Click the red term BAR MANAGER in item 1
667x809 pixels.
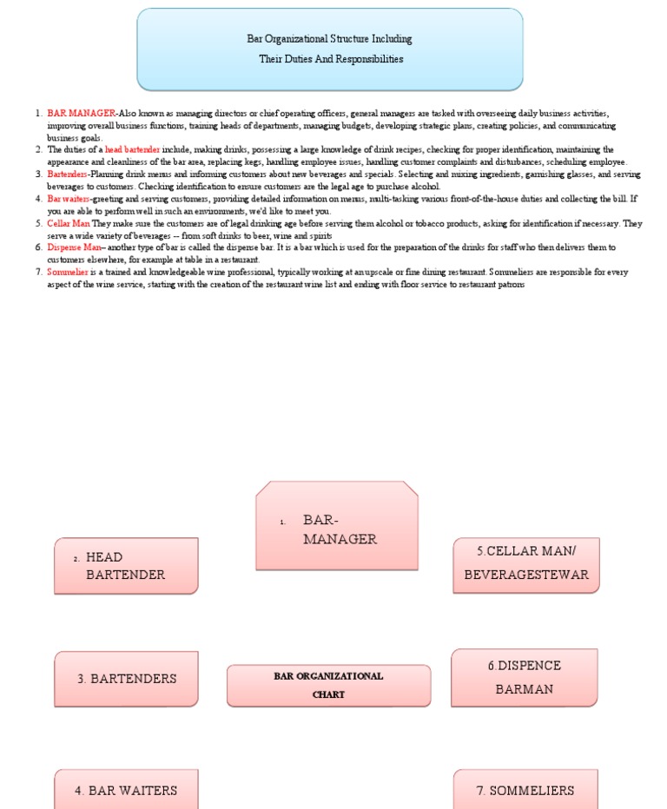(81, 114)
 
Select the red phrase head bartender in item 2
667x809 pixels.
(132, 150)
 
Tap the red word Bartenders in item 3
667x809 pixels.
(68, 174)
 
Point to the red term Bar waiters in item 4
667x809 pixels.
(69, 199)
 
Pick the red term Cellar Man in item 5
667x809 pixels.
(69, 223)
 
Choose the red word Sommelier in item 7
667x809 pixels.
(68, 273)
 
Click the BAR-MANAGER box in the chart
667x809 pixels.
(337, 526)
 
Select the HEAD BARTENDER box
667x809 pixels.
(126, 565)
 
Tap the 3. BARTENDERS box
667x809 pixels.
(126, 679)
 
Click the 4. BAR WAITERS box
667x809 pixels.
(126, 790)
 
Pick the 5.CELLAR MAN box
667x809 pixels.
(525, 564)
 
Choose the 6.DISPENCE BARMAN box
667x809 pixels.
(524, 677)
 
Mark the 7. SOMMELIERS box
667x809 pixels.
(525, 790)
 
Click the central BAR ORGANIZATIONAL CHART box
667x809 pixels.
(328, 685)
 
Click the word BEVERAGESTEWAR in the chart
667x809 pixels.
(526, 575)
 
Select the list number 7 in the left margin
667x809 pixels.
(38, 273)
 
